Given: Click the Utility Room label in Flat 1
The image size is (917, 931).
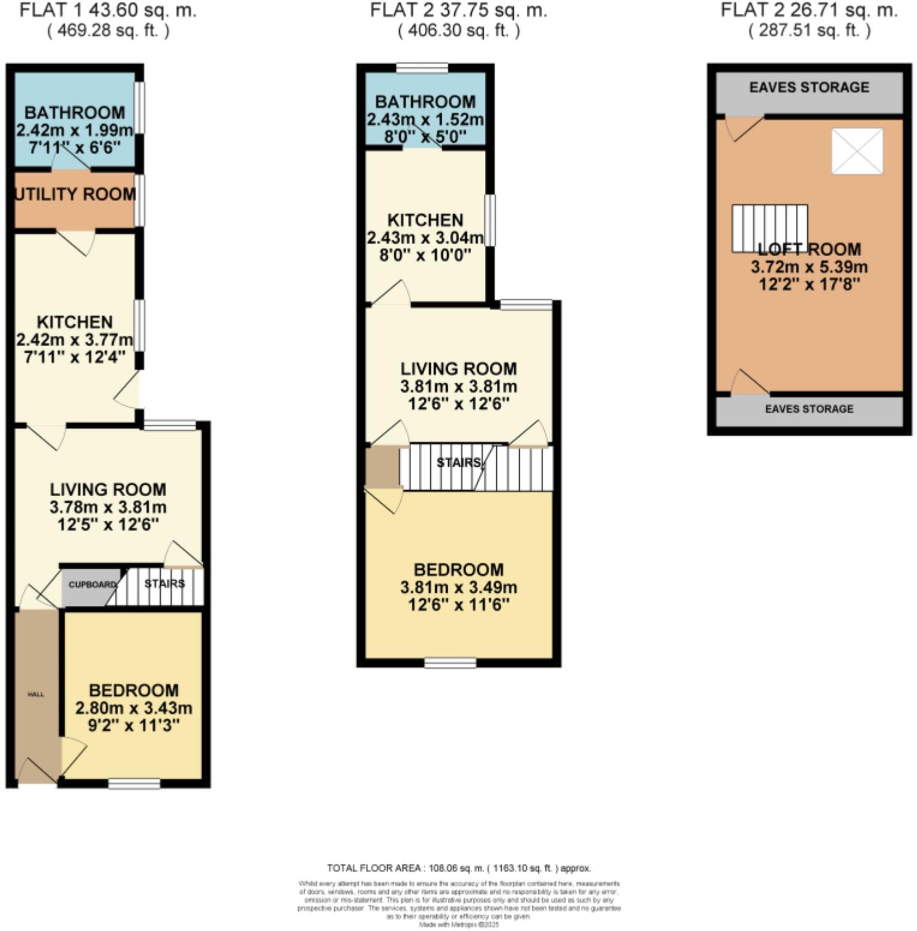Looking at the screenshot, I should coord(75,194).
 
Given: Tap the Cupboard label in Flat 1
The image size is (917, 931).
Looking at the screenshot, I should coord(92,584).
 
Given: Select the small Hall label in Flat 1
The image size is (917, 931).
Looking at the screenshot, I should coord(36,694).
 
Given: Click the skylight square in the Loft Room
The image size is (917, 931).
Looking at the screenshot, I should coord(857,151).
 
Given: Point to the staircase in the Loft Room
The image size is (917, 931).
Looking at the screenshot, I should coord(769,228).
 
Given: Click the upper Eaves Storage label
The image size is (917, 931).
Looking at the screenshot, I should coord(809,88).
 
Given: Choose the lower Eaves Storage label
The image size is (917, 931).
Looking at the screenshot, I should coord(809,409).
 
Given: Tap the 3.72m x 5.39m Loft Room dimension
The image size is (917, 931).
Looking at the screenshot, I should coord(809,267).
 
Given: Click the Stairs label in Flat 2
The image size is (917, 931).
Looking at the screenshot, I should coord(459,463).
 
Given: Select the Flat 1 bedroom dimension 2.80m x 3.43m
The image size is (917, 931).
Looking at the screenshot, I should coord(134,708).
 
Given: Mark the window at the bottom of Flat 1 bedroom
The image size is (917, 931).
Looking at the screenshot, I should coord(134,783).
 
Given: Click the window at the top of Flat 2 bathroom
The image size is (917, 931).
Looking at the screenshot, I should coord(422,68).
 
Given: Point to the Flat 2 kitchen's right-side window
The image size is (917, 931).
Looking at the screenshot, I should coord(490,220).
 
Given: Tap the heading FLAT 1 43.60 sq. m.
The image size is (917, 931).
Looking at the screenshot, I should coord(108,10).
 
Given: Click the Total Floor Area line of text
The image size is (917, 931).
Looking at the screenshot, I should coord(459,868).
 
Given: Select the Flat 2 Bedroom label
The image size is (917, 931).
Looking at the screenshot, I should coord(459,570).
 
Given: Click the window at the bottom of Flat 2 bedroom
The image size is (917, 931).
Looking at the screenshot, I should coord(450,663).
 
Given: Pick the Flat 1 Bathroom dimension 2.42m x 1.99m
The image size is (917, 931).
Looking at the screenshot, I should coord(75,130).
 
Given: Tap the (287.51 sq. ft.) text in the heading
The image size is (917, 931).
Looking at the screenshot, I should coord(809,31).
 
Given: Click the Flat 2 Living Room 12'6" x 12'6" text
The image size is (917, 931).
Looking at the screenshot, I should coord(459,404).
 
